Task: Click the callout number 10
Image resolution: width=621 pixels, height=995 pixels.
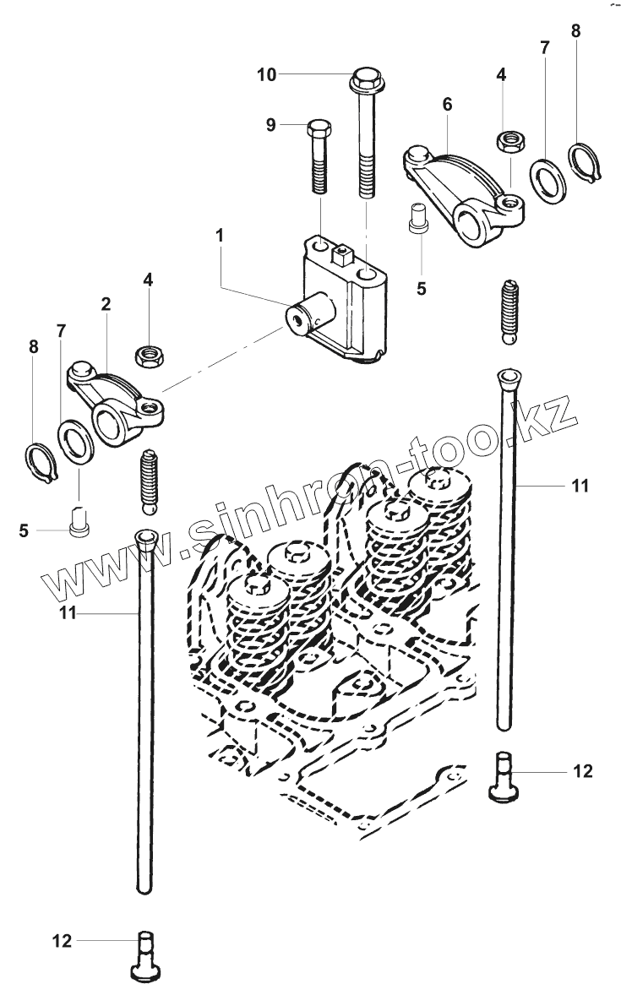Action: (x=266, y=75)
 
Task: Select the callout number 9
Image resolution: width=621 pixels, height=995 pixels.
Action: (x=271, y=125)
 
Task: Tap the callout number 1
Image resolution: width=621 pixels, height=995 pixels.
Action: (x=219, y=236)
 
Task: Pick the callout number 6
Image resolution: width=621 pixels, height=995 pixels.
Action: (x=447, y=104)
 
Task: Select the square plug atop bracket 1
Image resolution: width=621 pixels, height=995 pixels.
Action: (x=343, y=251)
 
